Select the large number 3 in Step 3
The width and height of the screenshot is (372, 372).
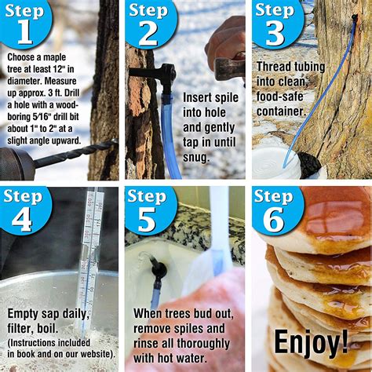[273, 33]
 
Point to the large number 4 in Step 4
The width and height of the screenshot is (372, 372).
[21, 218]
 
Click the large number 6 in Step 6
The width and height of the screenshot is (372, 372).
[273, 218]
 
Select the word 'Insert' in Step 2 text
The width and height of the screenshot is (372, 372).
[199, 98]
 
